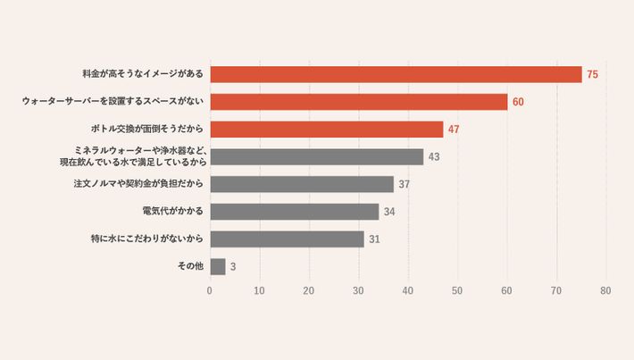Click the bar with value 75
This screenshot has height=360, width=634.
pos(396,75)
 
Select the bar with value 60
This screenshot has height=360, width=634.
pos(359,102)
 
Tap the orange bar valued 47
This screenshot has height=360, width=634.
pos(327,130)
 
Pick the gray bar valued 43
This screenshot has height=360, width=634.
pos(317,156)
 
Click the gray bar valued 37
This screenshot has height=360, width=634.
pos(302,184)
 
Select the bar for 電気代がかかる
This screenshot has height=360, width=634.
pos(295,212)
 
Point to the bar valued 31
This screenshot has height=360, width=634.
pos(287,239)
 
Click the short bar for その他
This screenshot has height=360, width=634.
pos(218,266)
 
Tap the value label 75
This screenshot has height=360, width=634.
pos(592,75)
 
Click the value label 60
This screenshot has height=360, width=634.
pos(518,102)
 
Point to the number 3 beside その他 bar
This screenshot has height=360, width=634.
pos(233,266)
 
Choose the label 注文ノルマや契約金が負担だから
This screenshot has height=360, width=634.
pos(138,184)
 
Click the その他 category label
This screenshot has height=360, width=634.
pos(192,266)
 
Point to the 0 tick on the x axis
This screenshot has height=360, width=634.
pos(210,290)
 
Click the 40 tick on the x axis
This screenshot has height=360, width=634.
pos(408,290)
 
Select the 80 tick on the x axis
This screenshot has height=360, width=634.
pos(605,290)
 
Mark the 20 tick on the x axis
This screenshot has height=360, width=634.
pos(309,290)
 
